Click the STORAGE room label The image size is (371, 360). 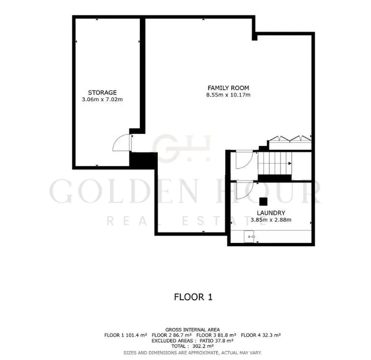(102, 93)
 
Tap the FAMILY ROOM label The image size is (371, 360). (228, 88)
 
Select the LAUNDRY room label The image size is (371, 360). (271, 213)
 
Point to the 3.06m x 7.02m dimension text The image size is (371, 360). (102, 99)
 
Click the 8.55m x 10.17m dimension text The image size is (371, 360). (228, 95)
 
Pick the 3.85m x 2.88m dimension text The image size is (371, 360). (271, 220)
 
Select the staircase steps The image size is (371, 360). (275, 163)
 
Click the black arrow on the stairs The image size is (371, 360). (290, 163)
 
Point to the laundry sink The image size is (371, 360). (249, 236)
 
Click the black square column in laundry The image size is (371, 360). (263, 201)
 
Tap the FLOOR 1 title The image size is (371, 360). (193, 297)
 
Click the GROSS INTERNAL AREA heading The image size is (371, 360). (192, 330)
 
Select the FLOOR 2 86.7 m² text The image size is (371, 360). (172, 335)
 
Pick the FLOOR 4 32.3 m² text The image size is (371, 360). (261, 335)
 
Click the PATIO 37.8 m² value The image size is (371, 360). (217, 341)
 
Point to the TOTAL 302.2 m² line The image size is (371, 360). (192, 347)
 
